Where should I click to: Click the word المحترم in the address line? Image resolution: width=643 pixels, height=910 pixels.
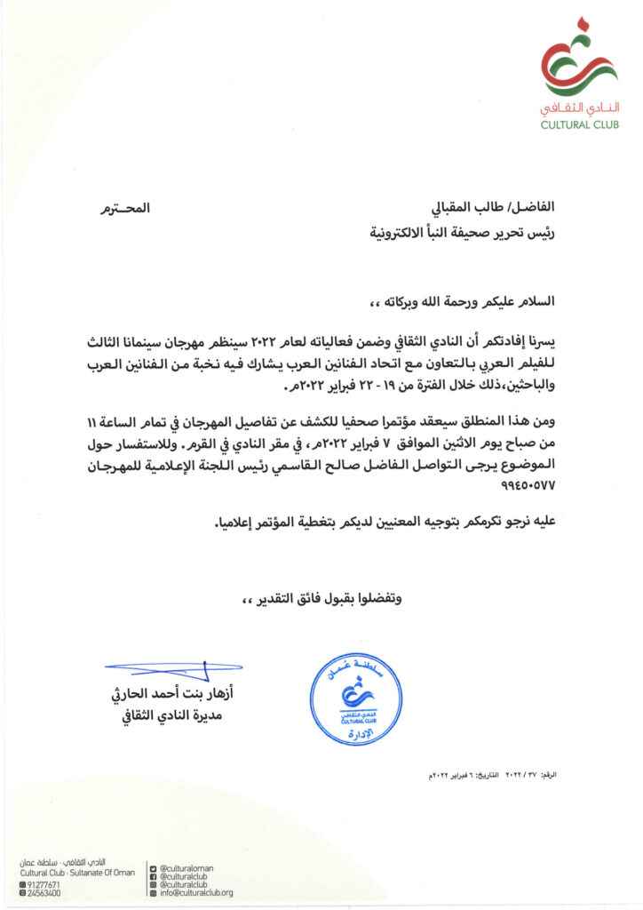pos(124,211)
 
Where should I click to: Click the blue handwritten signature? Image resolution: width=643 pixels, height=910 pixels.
pos(174,666)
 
